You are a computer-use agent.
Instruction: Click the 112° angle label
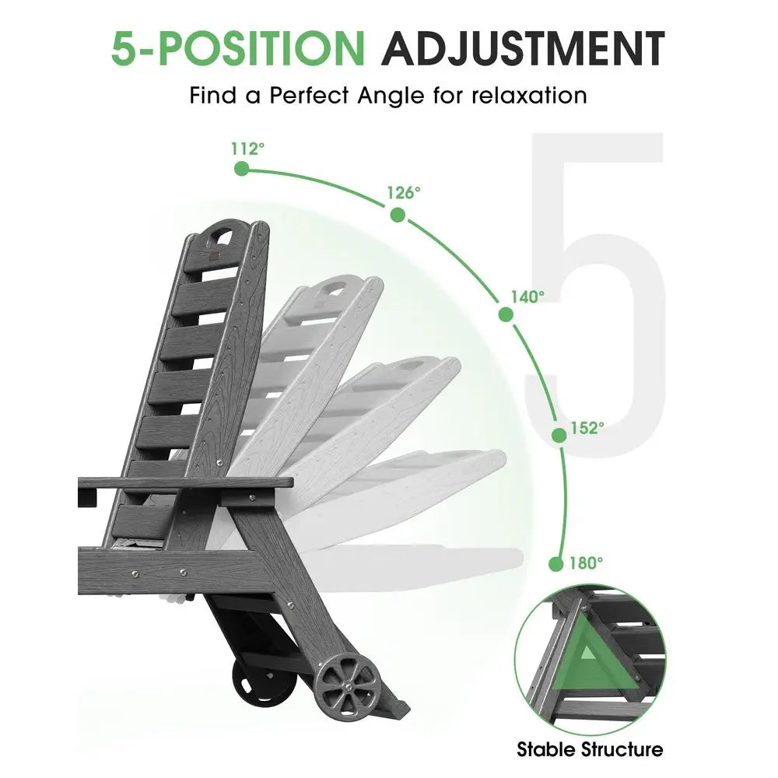click(x=247, y=149)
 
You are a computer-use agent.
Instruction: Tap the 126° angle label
click(x=404, y=192)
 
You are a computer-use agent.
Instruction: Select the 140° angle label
click(x=528, y=296)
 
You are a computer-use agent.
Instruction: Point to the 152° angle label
click(x=587, y=428)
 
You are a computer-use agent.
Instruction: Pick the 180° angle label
click(x=587, y=562)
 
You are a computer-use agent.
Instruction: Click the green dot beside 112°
click(x=242, y=169)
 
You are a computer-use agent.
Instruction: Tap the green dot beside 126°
click(x=398, y=215)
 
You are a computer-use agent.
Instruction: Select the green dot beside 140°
click(x=506, y=314)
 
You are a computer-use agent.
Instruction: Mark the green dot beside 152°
click(x=559, y=435)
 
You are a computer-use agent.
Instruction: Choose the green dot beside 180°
click(x=556, y=563)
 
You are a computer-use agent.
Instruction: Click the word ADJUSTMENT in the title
click(x=523, y=48)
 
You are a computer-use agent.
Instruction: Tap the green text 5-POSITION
click(x=238, y=48)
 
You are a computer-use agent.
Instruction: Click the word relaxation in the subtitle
click(x=529, y=95)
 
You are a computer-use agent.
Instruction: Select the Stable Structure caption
click(x=590, y=749)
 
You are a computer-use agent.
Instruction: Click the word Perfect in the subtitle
click(x=309, y=95)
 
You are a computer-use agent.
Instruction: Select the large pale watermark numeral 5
click(x=595, y=293)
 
